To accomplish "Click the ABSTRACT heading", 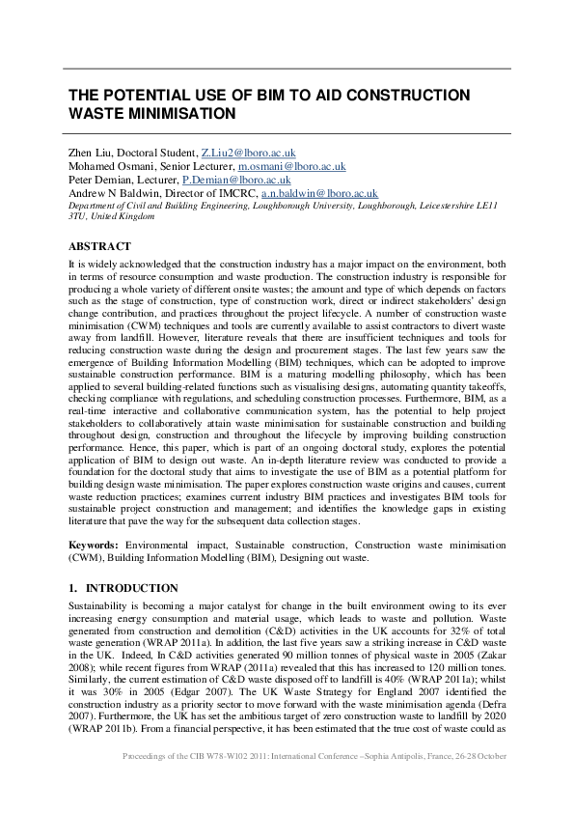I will [x=99, y=246].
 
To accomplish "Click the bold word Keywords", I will [x=94, y=546].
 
